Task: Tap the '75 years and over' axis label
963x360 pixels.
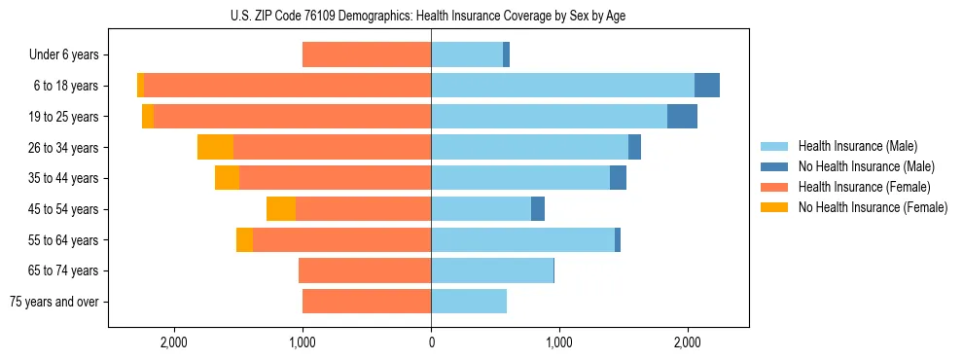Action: pyautogui.click(x=54, y=302)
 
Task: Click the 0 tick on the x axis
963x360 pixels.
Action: pyautogui.click(x=431, y=343)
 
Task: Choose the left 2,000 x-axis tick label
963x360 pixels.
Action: pyautogui.click(x=174, y=343)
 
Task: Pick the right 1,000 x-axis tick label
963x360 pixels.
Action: pyautogui.click(x=559, y=343)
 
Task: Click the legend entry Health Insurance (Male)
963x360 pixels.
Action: pyautogui.click(x=857, y=147)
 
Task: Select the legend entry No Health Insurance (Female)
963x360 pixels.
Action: pyautogui.click(x=873, y=207)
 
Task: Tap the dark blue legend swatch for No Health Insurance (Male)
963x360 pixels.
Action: pyautogui.click(x=775, y=167)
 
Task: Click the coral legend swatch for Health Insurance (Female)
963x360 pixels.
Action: pyautogui.click(x=775, y=187)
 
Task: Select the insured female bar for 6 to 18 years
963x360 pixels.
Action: pyautogui.click(x=287, y=86)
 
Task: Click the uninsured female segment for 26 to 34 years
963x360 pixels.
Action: pyautogui.click(x=215, y=147)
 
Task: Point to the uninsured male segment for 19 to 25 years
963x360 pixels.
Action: pyautogui.click(x=682, y=117)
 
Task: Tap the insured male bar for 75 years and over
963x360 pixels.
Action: pyautogui.click(x=469, y=302)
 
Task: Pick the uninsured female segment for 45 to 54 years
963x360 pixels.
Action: pyautogui.click(x=281, y=209)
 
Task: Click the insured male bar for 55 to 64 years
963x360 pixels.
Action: pyautogui.click(x=522, y=240)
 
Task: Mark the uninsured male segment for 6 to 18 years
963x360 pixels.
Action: pyautogui.click(x=707, y=86)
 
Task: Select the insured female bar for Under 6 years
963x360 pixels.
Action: pyautogui.click(x=367, y=54)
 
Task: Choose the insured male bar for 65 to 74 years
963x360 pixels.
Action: pyautogui.click(x=492, y=270)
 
